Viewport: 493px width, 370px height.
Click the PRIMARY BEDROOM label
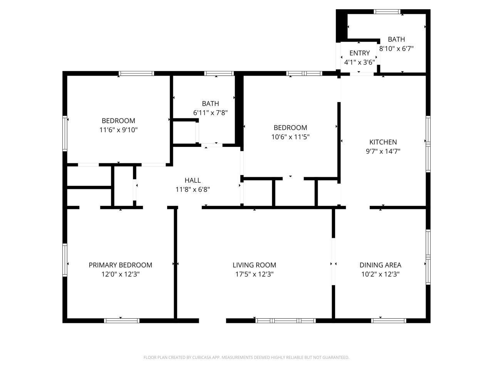coord(120,265)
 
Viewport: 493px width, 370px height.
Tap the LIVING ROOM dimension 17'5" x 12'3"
coord(254,274)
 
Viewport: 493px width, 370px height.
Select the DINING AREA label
coord(380,265)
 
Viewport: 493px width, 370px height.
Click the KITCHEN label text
coord(383,142)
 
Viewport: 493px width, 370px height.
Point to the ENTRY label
coord(359,53)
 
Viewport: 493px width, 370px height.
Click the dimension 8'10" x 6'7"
coord(396,49)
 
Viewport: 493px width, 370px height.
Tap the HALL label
coord(193,180)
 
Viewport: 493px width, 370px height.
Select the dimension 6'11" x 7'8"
coord(210,113)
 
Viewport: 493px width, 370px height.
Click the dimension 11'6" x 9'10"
coord(118,130)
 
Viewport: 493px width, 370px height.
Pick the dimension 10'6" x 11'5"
coord(290,137)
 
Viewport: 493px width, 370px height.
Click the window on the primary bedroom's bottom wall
coord(122,320)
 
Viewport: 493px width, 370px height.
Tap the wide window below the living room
coord(285,320)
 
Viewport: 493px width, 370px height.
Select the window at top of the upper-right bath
coord(388,12)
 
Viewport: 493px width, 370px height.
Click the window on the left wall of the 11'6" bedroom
coord(65,133)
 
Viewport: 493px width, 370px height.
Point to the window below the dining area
coord(389,320)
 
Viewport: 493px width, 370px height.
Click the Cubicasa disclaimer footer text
coord(246,357)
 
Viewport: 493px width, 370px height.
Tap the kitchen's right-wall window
coord(428,144)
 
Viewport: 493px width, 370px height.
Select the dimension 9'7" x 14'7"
coord(383,151)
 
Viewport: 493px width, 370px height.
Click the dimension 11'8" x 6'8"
coord(193,189)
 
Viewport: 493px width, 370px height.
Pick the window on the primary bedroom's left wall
coord(65,260)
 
